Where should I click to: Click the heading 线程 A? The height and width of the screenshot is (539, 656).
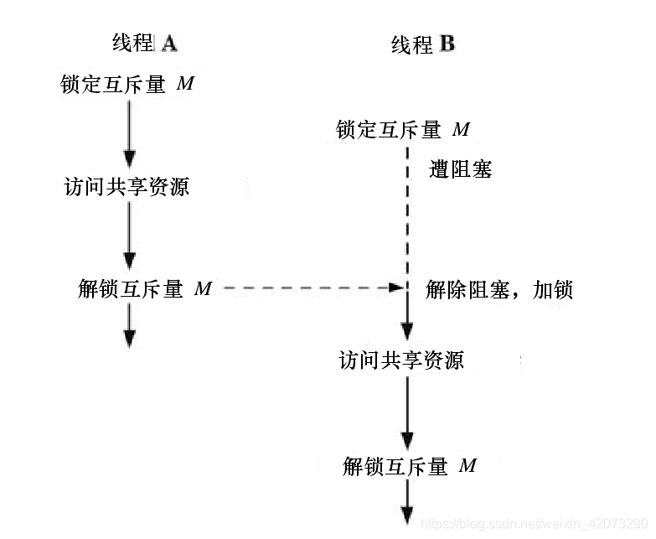coord(144,42)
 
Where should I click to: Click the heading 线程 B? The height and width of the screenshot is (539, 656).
coord(422,44)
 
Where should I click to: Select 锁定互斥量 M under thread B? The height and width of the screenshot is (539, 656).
coord(403,130)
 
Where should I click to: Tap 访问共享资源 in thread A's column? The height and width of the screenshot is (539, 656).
coord(127,186)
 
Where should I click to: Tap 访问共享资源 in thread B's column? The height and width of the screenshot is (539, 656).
coord(401,360)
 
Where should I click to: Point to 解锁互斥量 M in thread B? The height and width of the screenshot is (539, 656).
coord(410,466)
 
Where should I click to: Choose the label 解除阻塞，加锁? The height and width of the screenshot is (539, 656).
coord(499,290)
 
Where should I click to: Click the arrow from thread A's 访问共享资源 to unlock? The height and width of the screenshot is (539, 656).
coord(129,235)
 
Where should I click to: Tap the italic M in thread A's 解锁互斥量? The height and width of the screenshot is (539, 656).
coord(203,288)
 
